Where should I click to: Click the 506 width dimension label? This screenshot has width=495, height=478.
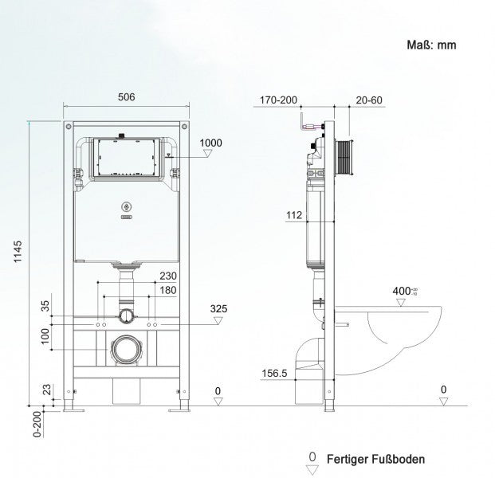(125, 97)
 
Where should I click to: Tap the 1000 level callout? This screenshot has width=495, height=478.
(211, 143)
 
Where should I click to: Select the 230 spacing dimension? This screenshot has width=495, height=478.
(167, 276)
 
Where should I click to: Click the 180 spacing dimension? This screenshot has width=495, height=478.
(167, 290)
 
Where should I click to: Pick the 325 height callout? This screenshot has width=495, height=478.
(220, 308)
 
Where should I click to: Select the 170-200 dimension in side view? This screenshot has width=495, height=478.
(278, 100)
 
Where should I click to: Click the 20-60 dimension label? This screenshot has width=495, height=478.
(369, 100)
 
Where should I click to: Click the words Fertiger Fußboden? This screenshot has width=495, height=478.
(379, 459)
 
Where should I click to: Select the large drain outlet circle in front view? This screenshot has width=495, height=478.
(124, 349)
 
